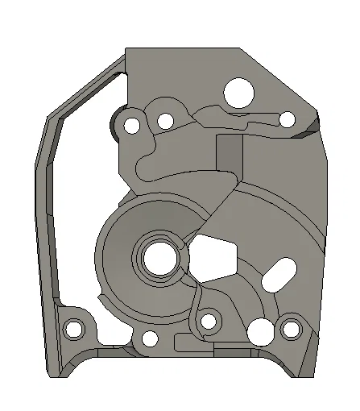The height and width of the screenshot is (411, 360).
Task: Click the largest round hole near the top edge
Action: coord(239,92)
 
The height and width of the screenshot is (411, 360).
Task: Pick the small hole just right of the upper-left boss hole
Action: coord(166,122)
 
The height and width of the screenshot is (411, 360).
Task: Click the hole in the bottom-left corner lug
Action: coord(74,329)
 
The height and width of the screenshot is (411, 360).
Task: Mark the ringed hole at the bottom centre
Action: coord(209,322)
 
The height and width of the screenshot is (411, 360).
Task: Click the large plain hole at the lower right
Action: coord(260,330)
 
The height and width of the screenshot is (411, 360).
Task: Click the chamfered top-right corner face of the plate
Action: coord(282,77)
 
